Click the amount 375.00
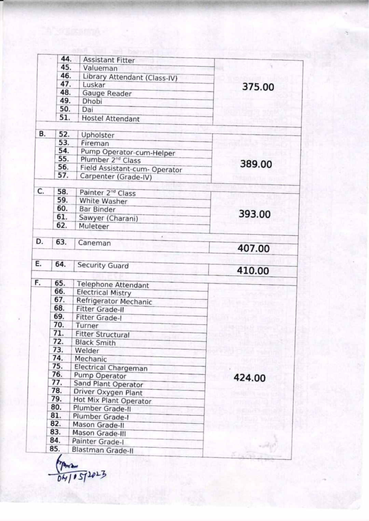(x=258, y=87)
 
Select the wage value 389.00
(x=256, y=164)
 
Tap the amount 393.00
(x=254, y=214)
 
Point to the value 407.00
(x=253, y=249)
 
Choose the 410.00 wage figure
(x=252, y=271)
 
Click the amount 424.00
(x=249, y=378)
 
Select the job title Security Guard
(x=103, y=266)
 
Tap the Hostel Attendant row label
(x=110, y=119)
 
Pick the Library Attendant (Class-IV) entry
(x=130, y=77)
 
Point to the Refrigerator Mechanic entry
(x=114, y=302)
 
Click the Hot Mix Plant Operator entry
(x=112, y=401)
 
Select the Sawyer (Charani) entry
(x=108, y=218)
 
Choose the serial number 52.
(x=64, y=135)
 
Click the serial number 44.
(x=66, y=60)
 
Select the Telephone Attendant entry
(x=112, y=285)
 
